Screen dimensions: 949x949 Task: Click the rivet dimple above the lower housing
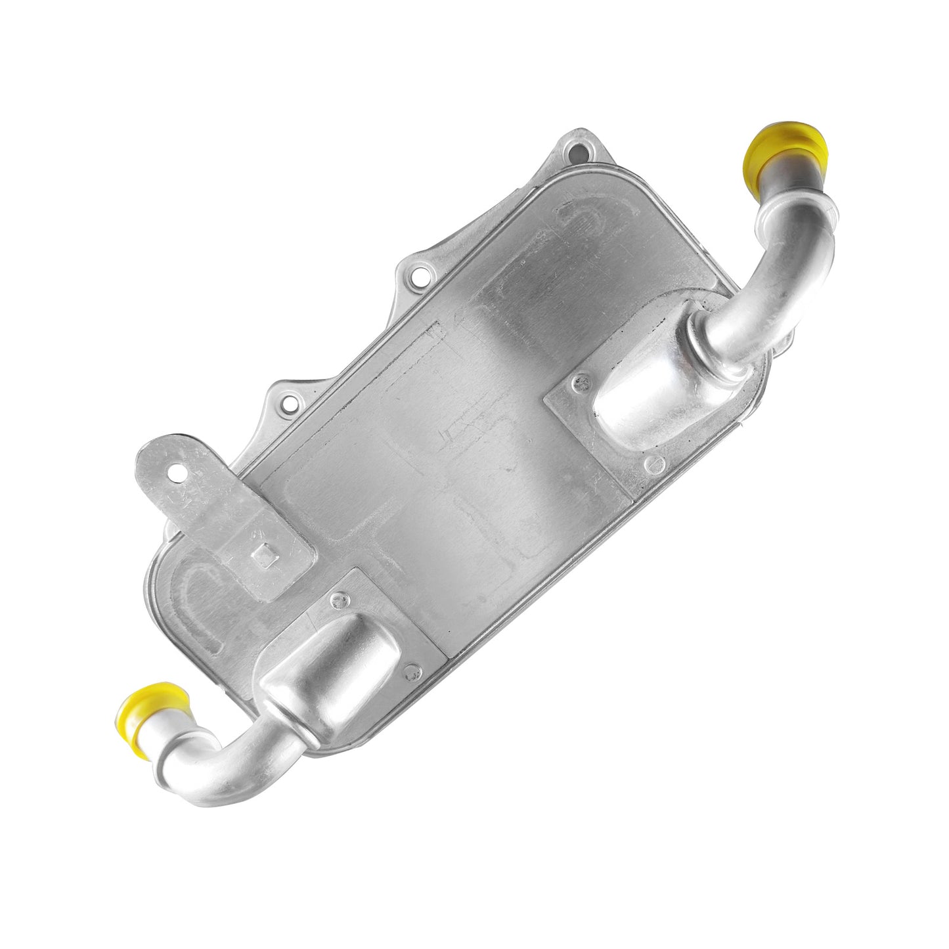(339, 598)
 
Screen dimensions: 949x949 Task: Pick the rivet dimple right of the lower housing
(412, 671)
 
